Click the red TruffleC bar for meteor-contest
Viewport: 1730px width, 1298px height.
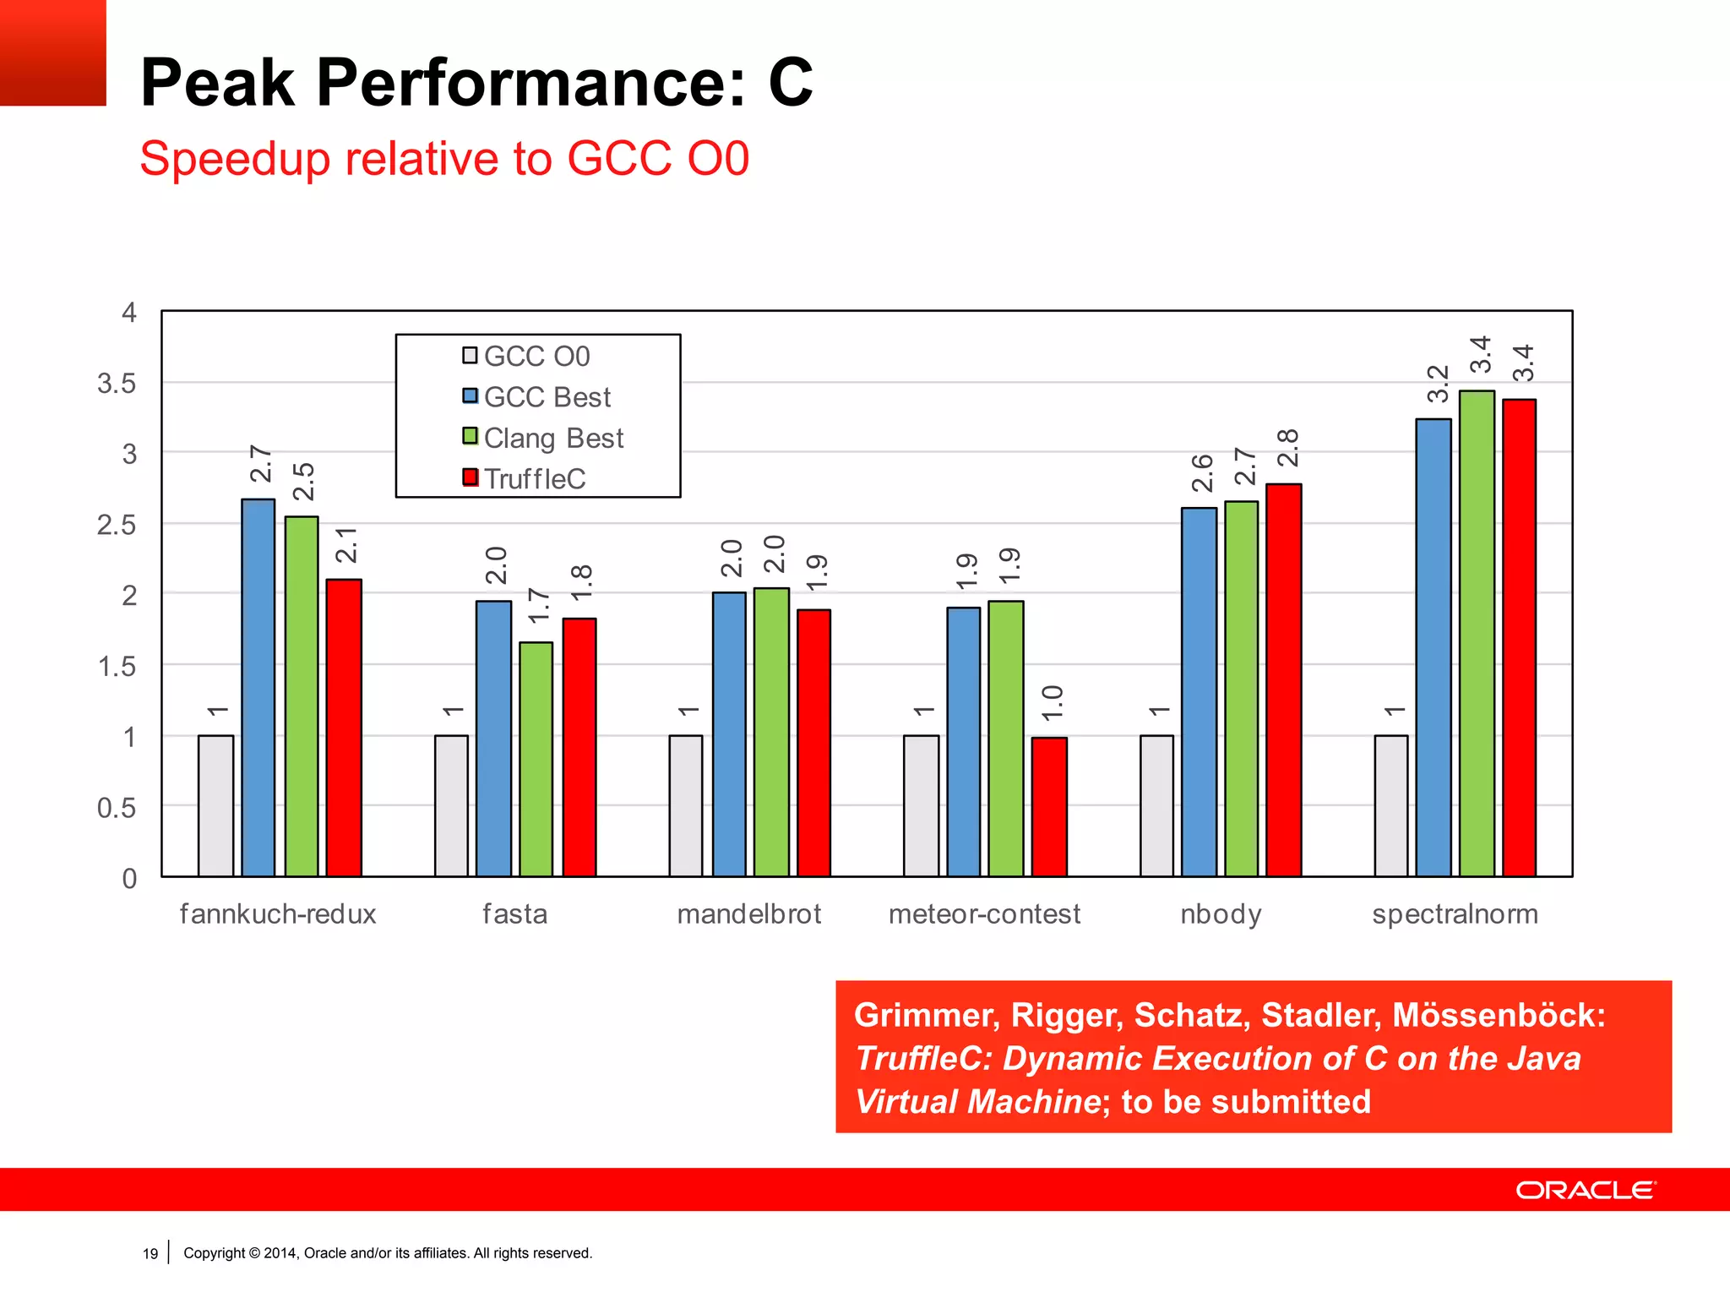pos(1049,806)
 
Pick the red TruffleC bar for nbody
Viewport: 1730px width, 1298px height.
pos(1284,679)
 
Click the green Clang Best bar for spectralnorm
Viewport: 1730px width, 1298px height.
pos(1477,633)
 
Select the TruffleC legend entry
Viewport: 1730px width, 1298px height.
pos(525,478)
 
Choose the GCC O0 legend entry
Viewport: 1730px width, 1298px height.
pos(526,356)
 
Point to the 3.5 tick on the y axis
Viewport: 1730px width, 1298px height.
pos(117,384)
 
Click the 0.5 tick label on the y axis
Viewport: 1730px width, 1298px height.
pos(117,808)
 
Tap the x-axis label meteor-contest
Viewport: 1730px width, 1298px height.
pos(984,914)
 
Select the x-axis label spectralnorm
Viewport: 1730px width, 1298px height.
pos(1455,914)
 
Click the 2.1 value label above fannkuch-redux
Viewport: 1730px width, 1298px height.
pos(346,545)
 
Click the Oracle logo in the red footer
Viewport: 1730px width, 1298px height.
pos(1586,1190)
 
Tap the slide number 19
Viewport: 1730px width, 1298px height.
pos(150,1253)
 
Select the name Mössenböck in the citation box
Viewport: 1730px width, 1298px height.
pos(1498,1015)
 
